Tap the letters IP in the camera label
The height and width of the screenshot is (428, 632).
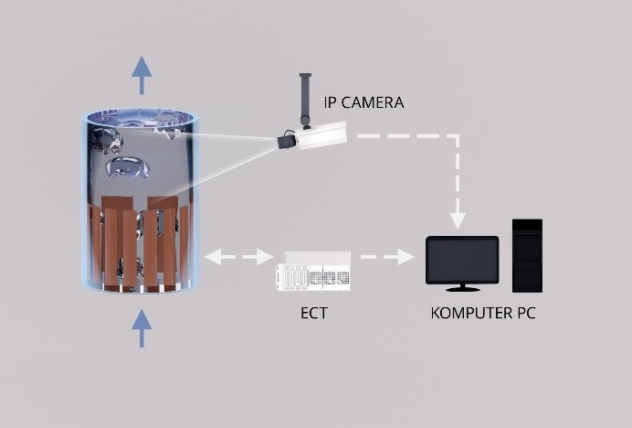pyautogui.click(x=332, y=102)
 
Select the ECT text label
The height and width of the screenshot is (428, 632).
pyautogui.click(x=313, y=313)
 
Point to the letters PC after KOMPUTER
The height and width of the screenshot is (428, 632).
pyautogui.click(x=524, y=313)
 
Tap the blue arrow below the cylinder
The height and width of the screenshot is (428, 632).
pyautogui.click(x=142, y=327)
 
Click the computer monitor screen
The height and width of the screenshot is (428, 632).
pyautogui.click(x=462, y=260)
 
